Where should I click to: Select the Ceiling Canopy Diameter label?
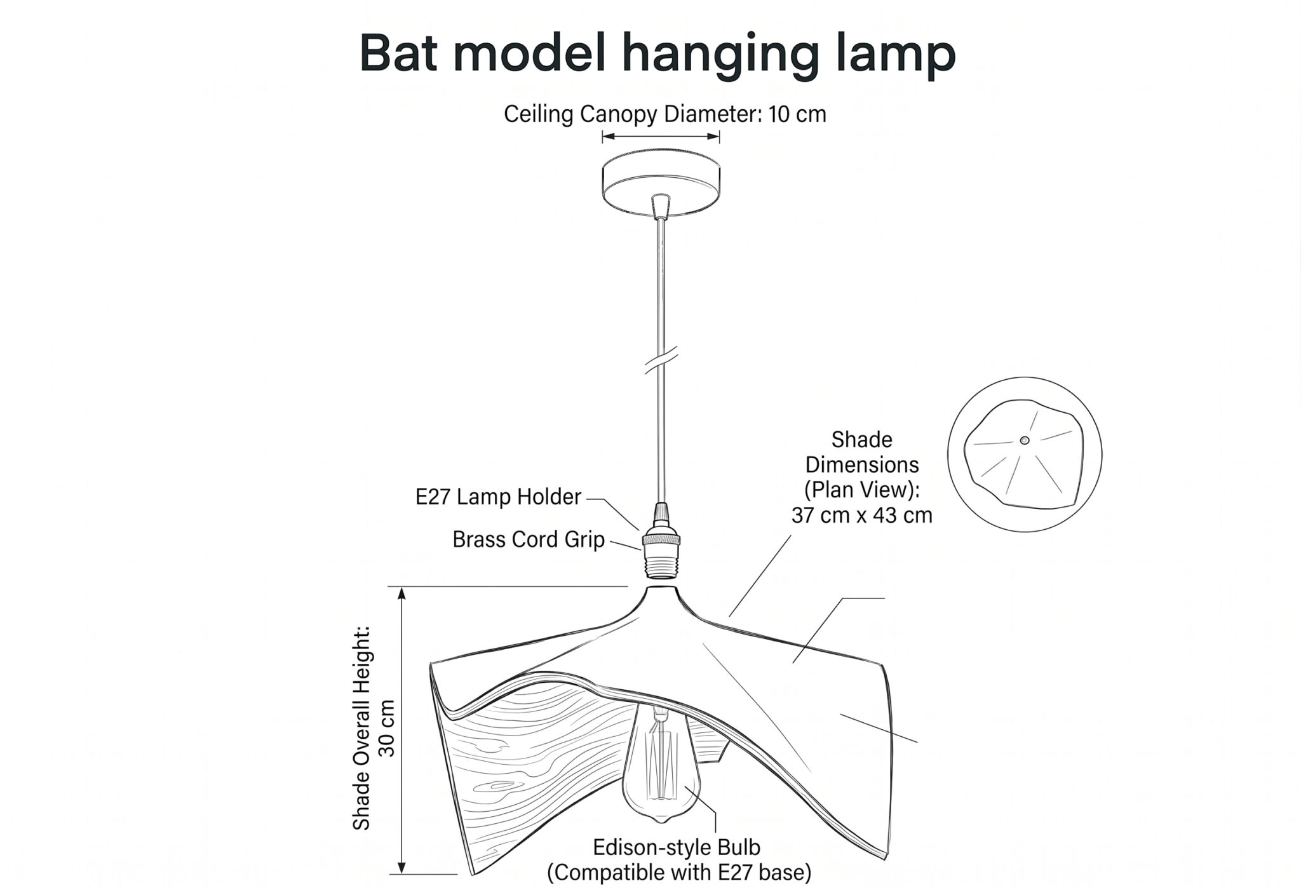click(665, 114)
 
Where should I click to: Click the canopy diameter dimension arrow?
click(661, 135)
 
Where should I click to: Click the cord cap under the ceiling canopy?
click(661, 206)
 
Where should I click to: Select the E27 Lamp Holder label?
click(498, 497)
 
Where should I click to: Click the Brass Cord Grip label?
click(529, 540)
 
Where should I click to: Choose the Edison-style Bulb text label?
click(677, 847)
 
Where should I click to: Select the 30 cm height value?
click(386, 728)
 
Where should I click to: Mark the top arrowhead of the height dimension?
click(401, 593)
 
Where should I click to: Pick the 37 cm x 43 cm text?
click(862, 515)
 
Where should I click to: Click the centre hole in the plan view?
click(1024, 440)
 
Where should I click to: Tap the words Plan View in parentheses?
click(862, 490)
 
